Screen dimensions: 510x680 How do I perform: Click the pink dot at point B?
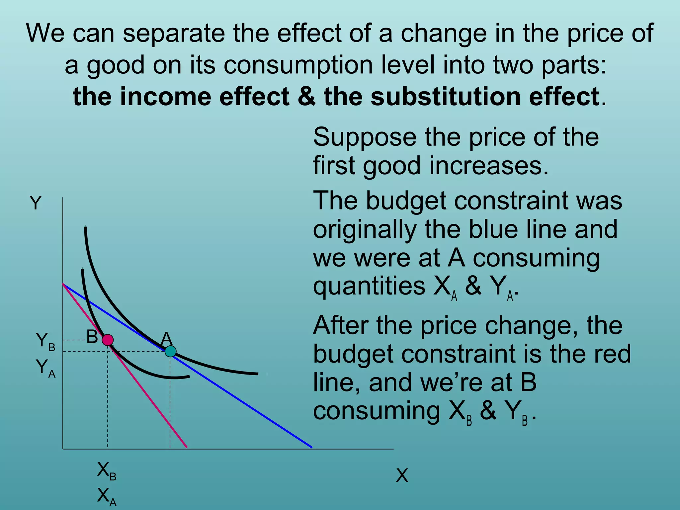[x=108, y=340]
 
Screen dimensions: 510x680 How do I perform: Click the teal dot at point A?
[x=170, y=351]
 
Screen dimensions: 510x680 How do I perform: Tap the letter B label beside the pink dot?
[x=92, y=337]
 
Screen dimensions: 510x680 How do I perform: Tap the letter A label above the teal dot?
[x=166, y=339]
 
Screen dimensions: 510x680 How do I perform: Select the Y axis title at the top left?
[x=36, y=203]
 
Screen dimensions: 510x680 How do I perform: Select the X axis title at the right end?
[x=402, y=475]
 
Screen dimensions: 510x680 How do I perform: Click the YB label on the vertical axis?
[x=45, y=341]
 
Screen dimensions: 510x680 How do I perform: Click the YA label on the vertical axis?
[x=45, y=368]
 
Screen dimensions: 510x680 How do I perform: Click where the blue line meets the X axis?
[x=312, y=448]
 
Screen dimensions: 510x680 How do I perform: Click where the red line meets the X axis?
[x=187, y=448]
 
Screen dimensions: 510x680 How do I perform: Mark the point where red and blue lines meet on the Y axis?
[x=63, y=284]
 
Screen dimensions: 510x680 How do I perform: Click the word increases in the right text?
[x=488, y=166]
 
